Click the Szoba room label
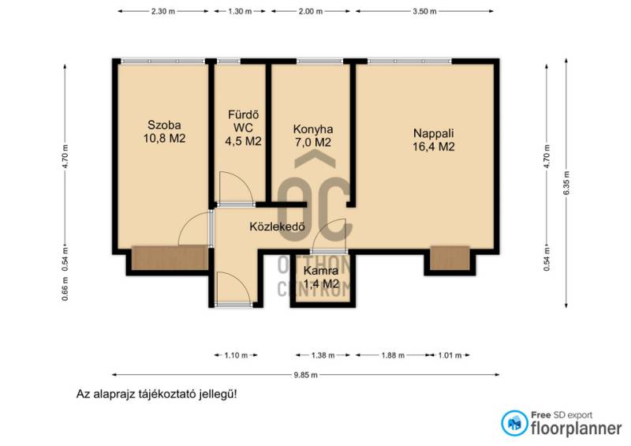164,131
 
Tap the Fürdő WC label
243,128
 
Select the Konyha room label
312,135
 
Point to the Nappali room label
433,140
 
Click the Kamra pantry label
321,277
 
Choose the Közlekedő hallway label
277,227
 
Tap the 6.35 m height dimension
566,183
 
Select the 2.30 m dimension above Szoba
163,11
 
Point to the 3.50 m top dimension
424,11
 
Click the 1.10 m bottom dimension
236,355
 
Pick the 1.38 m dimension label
323,355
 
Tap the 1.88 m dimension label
393,355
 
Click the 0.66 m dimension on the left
65,289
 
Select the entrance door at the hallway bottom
234,304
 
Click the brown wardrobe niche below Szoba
170,258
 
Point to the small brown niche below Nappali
450,258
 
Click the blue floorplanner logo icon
514,423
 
